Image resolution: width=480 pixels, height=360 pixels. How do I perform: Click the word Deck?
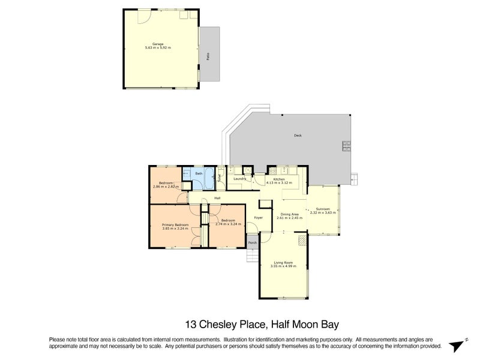[x=298, y=136]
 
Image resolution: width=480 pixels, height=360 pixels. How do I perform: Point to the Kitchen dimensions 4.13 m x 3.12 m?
[x=279, y=182]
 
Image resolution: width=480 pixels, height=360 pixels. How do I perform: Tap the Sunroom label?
[x=323, y=209]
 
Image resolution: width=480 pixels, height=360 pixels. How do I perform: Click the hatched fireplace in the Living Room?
[x=302, y=240]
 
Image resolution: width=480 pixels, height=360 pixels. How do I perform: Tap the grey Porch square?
[x=253, y=242]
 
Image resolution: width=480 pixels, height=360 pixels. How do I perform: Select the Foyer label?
[x=259, y=218]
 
